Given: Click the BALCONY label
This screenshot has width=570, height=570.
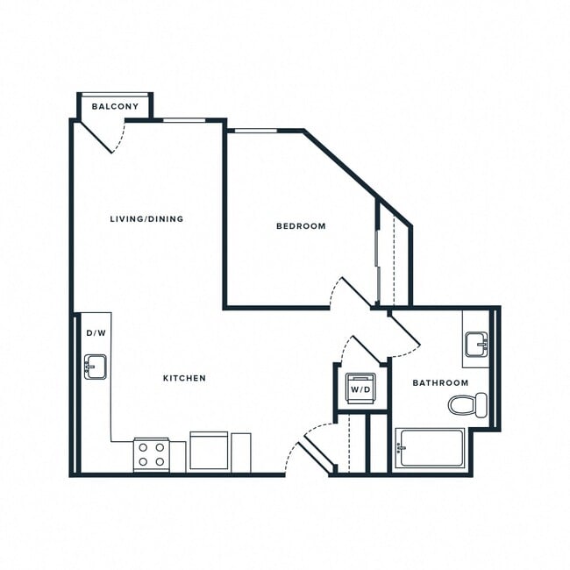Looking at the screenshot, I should pyautogui.click(x=115, y=107).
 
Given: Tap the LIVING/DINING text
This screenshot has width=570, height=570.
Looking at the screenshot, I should pyautogui.click(x=146, y=218).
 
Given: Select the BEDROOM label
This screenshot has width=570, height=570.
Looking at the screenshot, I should pyautogui.click(x=301, y=226).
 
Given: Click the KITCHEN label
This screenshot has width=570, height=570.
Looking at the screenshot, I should pyautogui.click(x=184, y=378).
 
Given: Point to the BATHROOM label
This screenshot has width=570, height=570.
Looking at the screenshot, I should pyautogui.click(x=440, y=383).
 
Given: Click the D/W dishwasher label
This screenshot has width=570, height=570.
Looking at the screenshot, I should pyautogui.click(x=95, y=334).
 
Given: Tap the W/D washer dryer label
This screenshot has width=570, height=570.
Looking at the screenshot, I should pyautogui.click(x=360, y=388).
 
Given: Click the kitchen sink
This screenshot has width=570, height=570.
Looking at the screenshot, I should pyautogui.click(x=95, y=367).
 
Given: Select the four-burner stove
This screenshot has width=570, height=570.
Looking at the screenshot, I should pyautogui.click(x=151, y=454).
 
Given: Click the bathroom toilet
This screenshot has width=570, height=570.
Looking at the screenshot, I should pyautogui.click(x=467, y=404).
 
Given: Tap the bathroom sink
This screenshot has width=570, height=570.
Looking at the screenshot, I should pyautogui.click(x=476, y=344).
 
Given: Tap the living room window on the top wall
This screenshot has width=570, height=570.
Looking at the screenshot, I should pyautogui.click(x=185, y=119).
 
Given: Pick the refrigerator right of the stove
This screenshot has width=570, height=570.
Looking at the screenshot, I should pyautogui.click(x=209, y=452).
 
